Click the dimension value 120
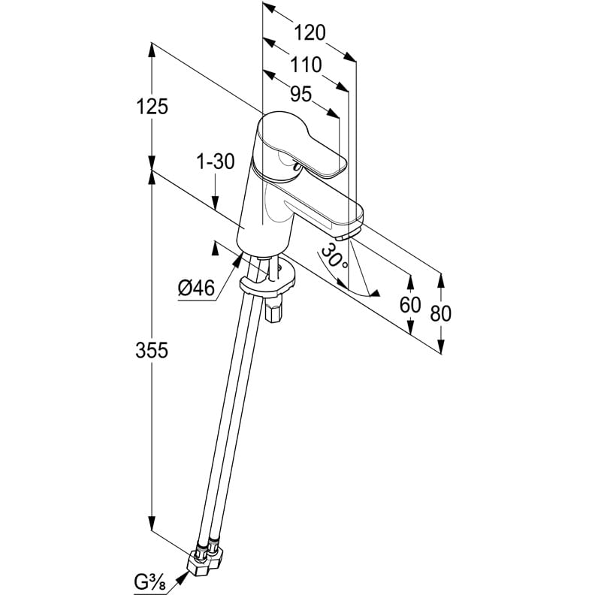[x=310, y=33]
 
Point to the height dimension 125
[x=153, y=107]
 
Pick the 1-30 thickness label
[x=216, y=161]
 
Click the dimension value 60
[x=410, y=305]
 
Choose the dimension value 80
[x=441, y=313]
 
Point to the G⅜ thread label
[x=152, y=581]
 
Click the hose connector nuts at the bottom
[x=207, y=560]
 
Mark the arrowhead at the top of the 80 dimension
[x=441, y=279]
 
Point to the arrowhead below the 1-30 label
[x=216, y=203]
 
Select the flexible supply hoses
[x=233, y=421]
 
